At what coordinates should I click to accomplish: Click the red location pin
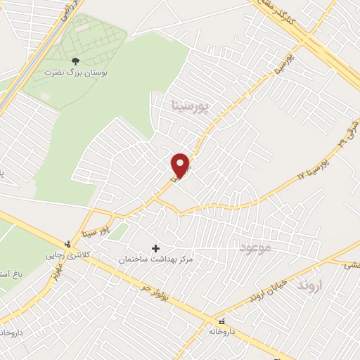(x=181, y=166)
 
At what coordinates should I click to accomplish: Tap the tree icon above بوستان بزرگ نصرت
(x=76, y=61)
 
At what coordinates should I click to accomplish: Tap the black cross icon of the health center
(x=155, y=248)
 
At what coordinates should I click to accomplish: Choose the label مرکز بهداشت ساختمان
(x=155, y=260)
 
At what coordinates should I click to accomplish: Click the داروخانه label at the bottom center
(x=225, y=330)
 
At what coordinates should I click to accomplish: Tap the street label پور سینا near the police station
(x=94, y=228)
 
